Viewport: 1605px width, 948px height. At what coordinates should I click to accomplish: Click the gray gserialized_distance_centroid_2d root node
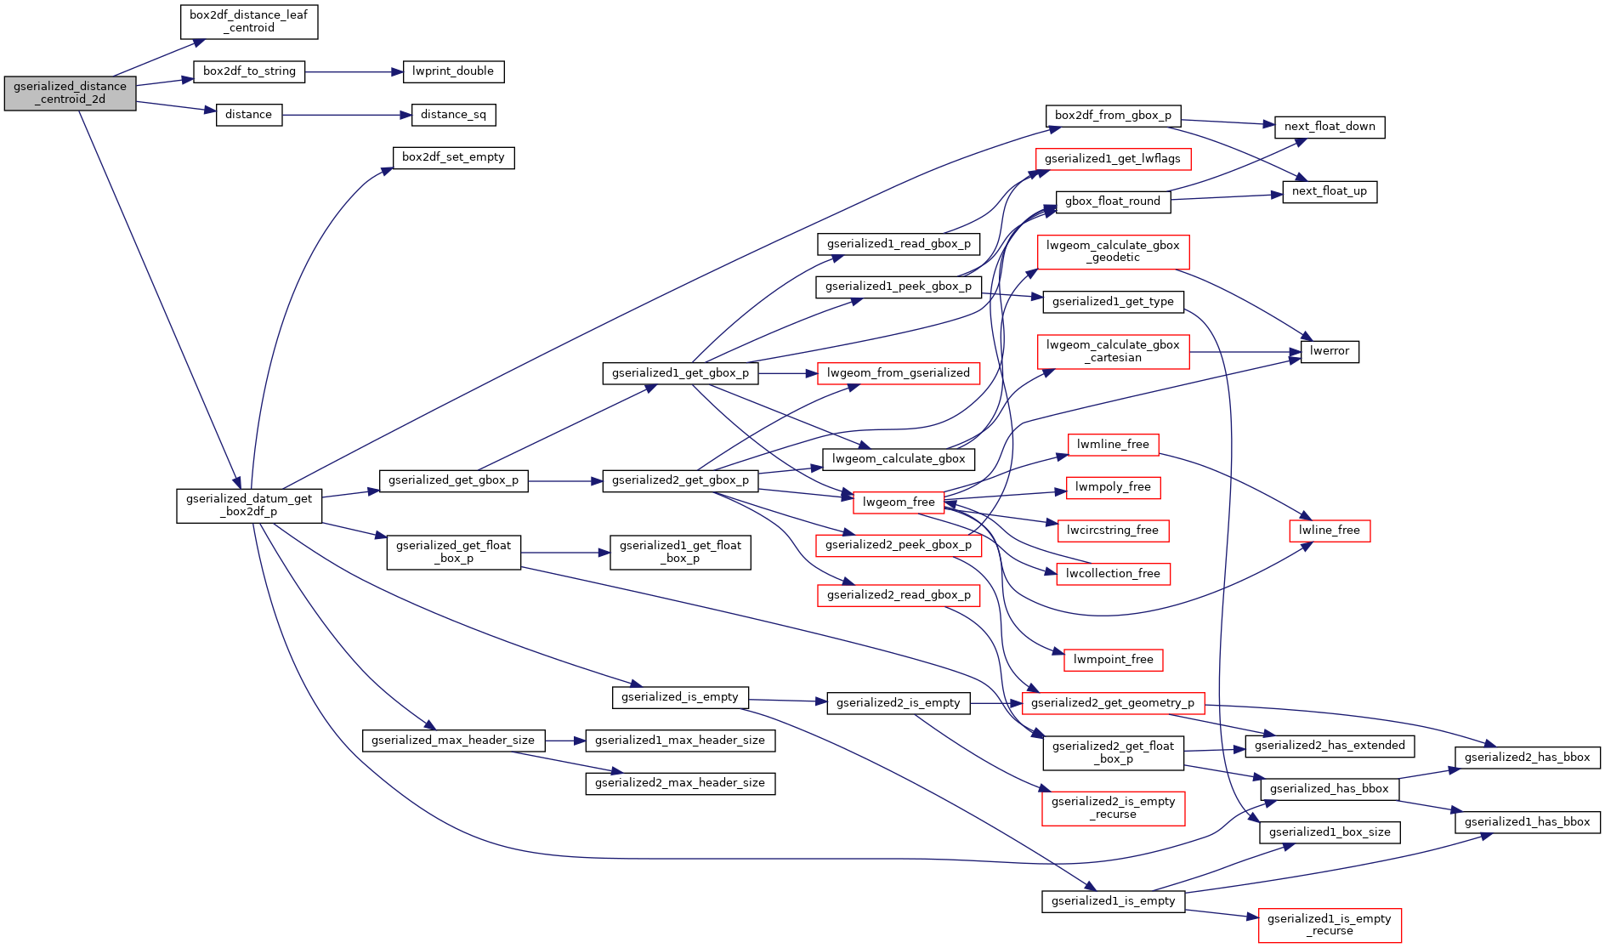(70, 93)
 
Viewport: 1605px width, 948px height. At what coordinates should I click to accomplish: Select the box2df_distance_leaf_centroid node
(249, 21)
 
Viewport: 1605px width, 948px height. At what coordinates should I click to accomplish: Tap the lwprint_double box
(453, 71)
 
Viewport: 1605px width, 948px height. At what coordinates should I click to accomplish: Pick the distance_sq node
(454, 115)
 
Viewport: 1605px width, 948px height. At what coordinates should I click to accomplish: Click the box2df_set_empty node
(453, 157)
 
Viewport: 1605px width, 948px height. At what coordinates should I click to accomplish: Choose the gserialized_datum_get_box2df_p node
(249, 505)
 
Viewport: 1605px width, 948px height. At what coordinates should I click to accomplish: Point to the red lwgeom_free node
(899, 502)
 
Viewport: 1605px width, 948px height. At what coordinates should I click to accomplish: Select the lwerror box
(1330, 351)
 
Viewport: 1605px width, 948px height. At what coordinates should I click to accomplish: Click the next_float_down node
(1330, 127)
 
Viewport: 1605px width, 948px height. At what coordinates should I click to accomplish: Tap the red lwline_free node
(1330, 531)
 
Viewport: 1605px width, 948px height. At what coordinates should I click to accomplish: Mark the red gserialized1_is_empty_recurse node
(1330, 925)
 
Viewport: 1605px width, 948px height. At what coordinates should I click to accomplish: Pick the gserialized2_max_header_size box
(680, 783)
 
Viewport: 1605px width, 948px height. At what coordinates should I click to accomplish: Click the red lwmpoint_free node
(1114, 660)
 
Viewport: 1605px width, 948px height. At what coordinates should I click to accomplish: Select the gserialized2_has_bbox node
(1528, 758)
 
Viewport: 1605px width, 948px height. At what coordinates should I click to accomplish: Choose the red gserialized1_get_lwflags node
(1113, 159)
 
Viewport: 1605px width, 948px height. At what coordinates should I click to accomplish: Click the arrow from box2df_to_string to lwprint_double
(354, 72)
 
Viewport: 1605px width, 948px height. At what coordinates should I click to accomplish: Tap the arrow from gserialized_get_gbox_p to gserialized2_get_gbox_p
(565, 481)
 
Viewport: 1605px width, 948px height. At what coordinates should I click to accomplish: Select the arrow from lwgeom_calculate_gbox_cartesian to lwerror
(1245, 351)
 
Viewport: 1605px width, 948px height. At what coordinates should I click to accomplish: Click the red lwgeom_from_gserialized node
(899, 373)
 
